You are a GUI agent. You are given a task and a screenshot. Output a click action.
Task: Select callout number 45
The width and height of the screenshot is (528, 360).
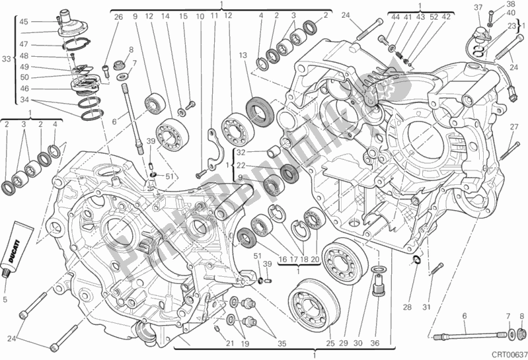(x=24, y=22)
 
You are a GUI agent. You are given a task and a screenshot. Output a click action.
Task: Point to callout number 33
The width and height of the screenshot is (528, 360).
(x=7, y=59)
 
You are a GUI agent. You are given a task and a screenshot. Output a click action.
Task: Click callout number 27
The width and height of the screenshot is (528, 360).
(x=513, y=127)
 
